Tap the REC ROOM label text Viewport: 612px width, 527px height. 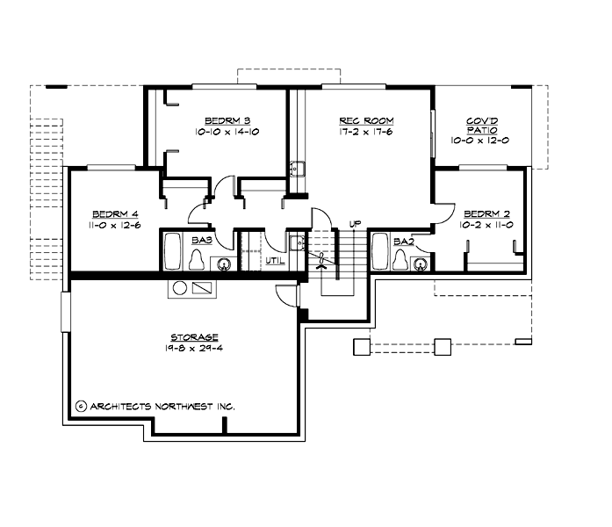tap(366, 120)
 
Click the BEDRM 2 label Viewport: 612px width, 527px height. tap(486, 214)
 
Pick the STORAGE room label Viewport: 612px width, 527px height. tap(194, 336)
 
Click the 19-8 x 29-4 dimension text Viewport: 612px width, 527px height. tap(194, 348)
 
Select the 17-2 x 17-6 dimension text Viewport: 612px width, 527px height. tap(366, 131)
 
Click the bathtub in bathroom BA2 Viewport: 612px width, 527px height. tap(381, 251)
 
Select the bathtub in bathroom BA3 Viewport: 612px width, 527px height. tap(172, 251)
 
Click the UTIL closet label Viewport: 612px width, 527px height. tap(274, 260)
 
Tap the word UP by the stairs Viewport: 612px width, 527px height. tap(355, 224)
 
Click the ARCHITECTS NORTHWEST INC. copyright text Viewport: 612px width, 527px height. tap(155, 407)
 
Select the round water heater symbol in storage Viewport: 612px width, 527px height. tap(179, 287)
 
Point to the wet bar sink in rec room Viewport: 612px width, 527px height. tap(297, 169)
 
